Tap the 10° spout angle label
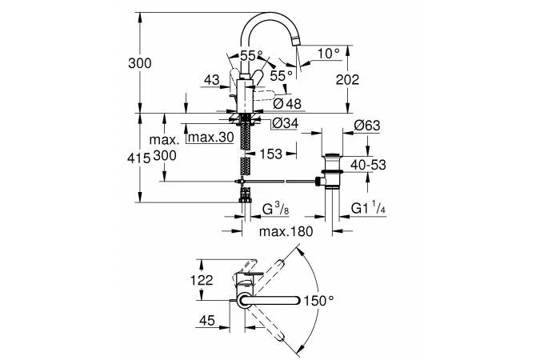coord(329,53)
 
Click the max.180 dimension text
coord(286,231)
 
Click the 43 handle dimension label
coord(210,80)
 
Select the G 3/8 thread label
coord(275,209)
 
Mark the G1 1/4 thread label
coord(370,209)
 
